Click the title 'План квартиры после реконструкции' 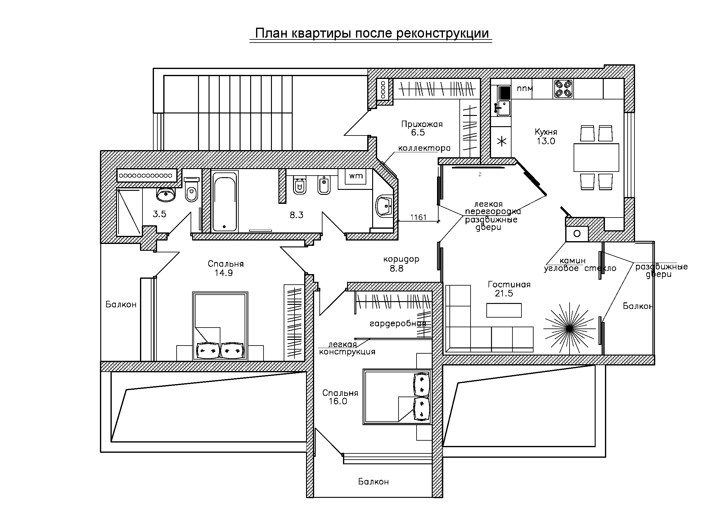(x=372, y=34)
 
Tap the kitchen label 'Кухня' (x=546, y=132)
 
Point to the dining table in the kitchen (x=596, y=157)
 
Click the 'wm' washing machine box (x=356, y=176)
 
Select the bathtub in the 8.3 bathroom (x=224, y=202)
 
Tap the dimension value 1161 (x=418, y=217)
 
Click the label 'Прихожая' (x=422, y=124)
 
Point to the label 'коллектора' (x=424, y=148)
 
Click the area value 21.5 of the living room (x=504, y=293)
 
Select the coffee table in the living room (x=504, y=310)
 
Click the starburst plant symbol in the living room (x=569, y=328)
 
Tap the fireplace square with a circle (x=577, y=234)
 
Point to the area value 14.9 (x=223, y=273)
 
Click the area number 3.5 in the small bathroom (x=159, y=214)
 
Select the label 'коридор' (x=401, y=259)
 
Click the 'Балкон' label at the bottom (x=373, y=481)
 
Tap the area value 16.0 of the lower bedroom (x=338, y=401)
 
